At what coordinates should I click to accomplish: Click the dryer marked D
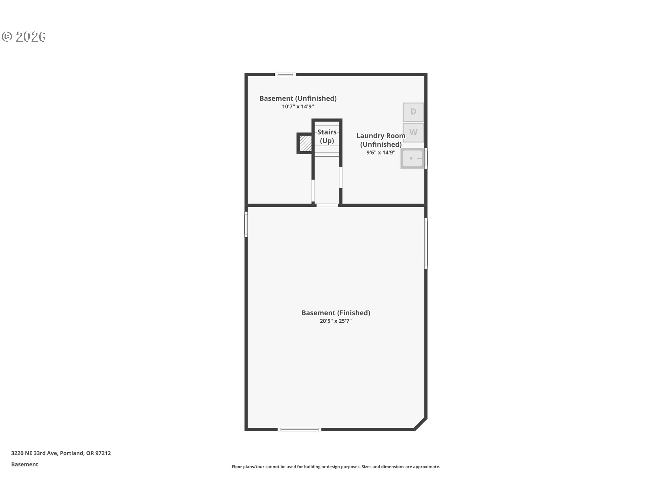(x=413, y=112)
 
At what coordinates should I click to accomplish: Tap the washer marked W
(x=413, y=133)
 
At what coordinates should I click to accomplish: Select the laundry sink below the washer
(x=413, y=158)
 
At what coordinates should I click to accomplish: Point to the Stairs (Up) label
(x=327, y=136)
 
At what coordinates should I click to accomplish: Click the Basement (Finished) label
(x=336, y=313)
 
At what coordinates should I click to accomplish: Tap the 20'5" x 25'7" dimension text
(x=336, y=321)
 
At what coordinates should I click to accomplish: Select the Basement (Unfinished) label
(x=298, y=98)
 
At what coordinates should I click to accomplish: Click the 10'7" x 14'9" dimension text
(x=298, y=106)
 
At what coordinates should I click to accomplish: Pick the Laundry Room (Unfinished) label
(x=381, y=140)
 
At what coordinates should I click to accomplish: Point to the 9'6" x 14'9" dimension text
(x=381, y=153)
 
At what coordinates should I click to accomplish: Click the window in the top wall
(x=285, y=74)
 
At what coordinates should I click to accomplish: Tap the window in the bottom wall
(x=299, y=429)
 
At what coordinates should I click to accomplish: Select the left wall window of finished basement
(x=246, y=224)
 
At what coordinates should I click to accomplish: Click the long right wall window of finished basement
(x=426, y=243)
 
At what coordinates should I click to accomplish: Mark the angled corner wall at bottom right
(x=420, y=423)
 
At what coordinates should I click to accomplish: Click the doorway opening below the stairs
(x=327, y=205)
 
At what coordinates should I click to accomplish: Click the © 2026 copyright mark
(x=23, y=37)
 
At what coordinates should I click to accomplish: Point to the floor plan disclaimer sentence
(x=336, y=467)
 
